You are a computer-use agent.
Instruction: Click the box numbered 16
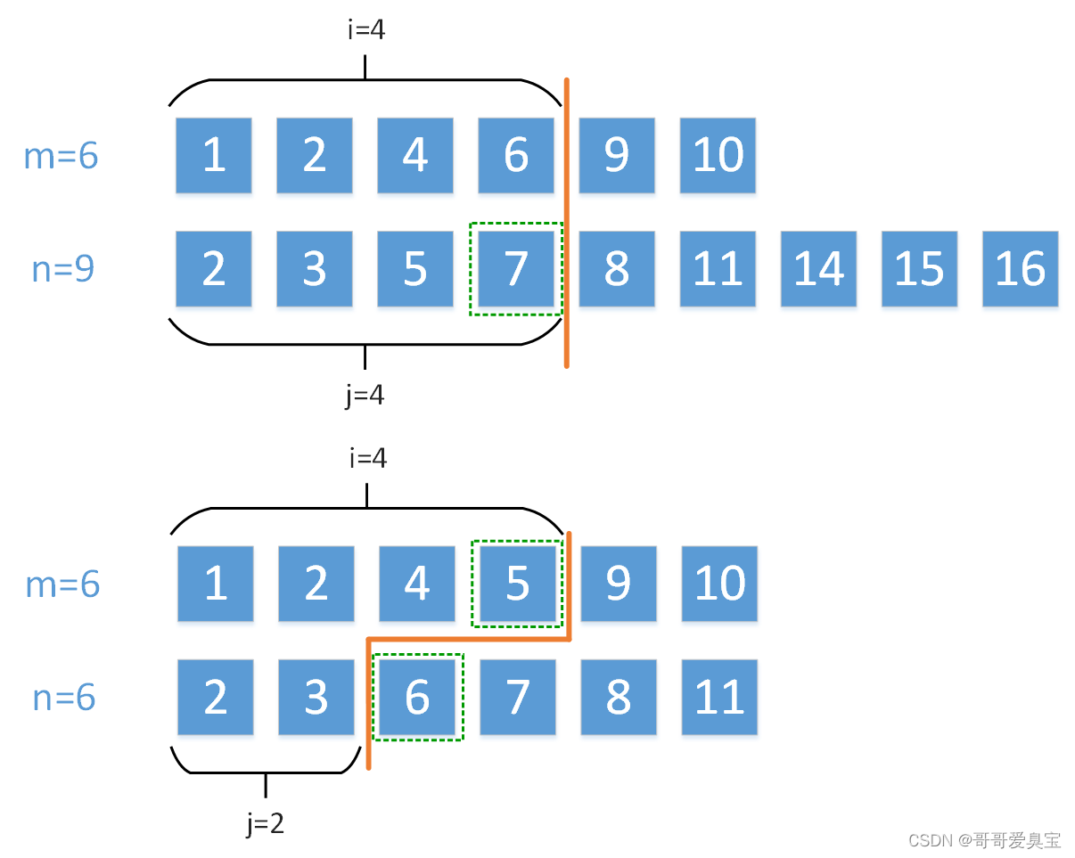[x=1020, y=269]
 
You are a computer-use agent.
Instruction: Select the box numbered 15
[x=919, y=269]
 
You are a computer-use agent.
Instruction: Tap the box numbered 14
[x=818, y=269]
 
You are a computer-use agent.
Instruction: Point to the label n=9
[x=62, y=268]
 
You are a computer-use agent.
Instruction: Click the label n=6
[x=63, y=697]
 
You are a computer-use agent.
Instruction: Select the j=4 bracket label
[x=365, y=394]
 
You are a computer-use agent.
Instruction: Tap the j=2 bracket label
[x=266, y=824]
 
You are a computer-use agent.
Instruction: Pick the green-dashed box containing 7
[x=516, y=269]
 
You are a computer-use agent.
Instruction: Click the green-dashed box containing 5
[x=518, y=584]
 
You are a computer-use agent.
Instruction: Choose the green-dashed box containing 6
[x=417, y=698]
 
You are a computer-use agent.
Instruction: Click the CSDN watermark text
[x=984, y=839]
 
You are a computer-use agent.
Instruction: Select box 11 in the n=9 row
[x=718, y=269]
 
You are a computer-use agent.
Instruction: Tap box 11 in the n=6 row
[x=719, y=698]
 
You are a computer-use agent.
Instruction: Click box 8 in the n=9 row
[x=617, y=269]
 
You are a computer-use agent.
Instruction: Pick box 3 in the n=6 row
[x=316, y=698]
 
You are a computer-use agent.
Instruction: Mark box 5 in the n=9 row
[x=415, y=269]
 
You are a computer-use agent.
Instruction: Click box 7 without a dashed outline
[x=518, y=698]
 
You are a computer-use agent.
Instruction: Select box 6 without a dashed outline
[x=516, y=155]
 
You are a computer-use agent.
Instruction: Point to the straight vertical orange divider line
[x=566, y=223]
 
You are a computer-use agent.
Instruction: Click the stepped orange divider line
[x=468, y=639]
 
